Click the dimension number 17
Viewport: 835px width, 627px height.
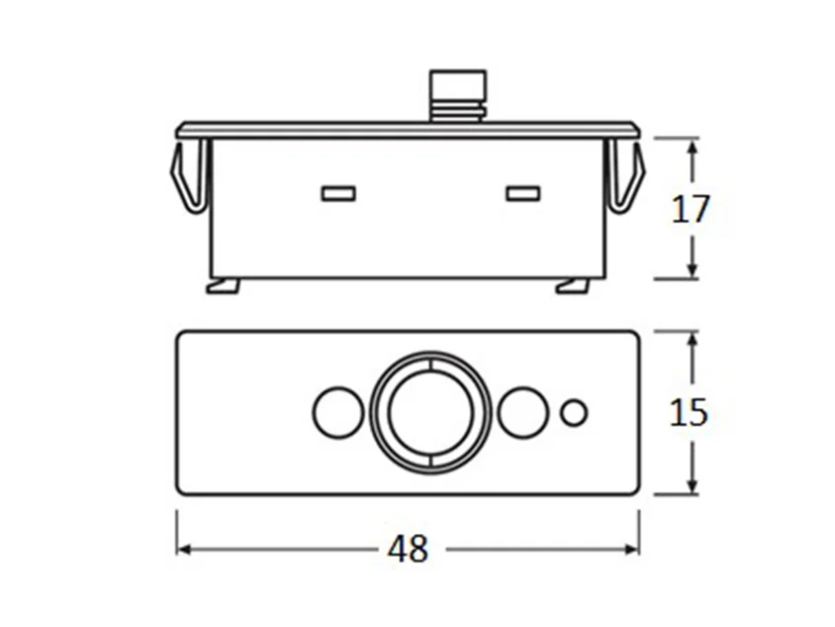(691, 209)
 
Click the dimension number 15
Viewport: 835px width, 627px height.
(689, 412)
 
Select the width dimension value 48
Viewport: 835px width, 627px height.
(408, 549)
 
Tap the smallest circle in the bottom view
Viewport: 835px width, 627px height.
(574, 413)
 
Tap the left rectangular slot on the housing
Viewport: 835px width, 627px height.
(338, 193)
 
